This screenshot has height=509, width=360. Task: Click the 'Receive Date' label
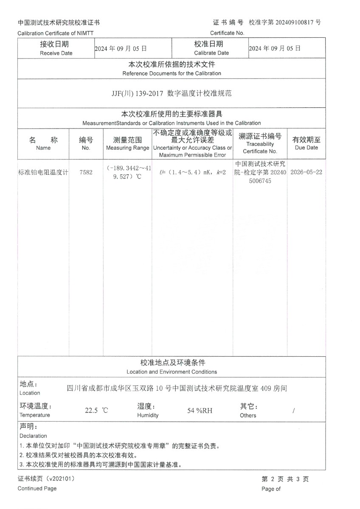tap(56, 53)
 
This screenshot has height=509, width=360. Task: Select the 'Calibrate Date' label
tap(211, 53)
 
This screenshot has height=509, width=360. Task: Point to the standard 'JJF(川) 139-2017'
tap(135, 93)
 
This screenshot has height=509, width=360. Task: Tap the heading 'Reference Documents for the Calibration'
tap(172, 73)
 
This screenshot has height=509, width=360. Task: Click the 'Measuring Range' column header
tap(127, 148)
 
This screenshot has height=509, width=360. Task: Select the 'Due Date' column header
tap(306, 148)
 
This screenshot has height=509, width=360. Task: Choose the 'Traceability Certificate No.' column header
tap(260, 148)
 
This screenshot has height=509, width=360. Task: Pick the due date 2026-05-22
tap(306, 173)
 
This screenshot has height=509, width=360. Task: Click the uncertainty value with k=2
tap(192, 173)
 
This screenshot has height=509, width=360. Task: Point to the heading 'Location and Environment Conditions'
tap(172, 372)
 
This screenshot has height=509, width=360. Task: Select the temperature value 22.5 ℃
tap(97, 411)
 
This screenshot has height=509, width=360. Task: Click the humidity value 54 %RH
tap(200, 411)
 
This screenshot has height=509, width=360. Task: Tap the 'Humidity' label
tap(148, 415)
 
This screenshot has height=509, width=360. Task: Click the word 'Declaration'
tap(33, 436)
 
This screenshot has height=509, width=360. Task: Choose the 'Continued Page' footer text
tap(37, 489)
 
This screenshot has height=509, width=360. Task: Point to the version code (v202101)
tap(60, 479)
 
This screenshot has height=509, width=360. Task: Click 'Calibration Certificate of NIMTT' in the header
tap(56, 33)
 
